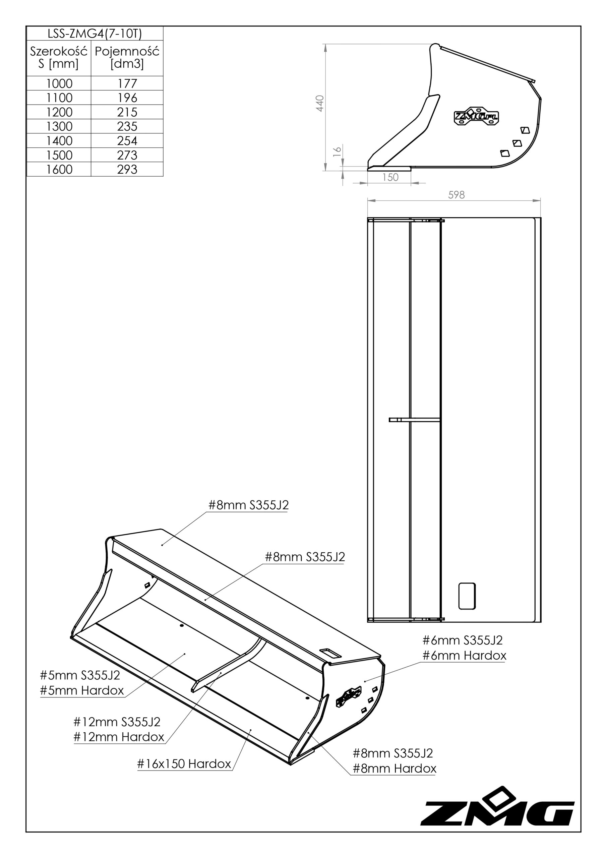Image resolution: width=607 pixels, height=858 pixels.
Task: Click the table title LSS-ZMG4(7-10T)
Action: tap(95, 34)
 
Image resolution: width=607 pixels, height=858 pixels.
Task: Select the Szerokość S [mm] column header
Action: tap(59, 57)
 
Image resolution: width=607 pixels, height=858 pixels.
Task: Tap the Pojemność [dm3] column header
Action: tap(127, 57)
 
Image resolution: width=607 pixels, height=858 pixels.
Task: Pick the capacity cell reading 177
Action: tap(127, 83)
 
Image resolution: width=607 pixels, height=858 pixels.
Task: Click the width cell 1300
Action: tap(59, 126)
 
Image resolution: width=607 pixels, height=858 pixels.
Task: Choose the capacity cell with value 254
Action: tap(127, 140)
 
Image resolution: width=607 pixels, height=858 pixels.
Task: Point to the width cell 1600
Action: tap(59, 169)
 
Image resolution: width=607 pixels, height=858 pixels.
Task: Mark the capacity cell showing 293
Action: tap(127, 169)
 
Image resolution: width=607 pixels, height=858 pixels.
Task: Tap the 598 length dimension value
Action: tap(457, 195)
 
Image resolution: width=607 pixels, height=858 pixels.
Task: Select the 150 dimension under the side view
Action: tap(390, 177)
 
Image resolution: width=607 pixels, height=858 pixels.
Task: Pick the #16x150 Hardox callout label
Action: tap(184, 763)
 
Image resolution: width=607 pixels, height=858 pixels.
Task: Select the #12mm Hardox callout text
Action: tap(119, 737)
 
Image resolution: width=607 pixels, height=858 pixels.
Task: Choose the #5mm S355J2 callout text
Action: tap(80, 675)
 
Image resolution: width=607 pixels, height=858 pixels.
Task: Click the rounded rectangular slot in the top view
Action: tap(467, 596)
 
